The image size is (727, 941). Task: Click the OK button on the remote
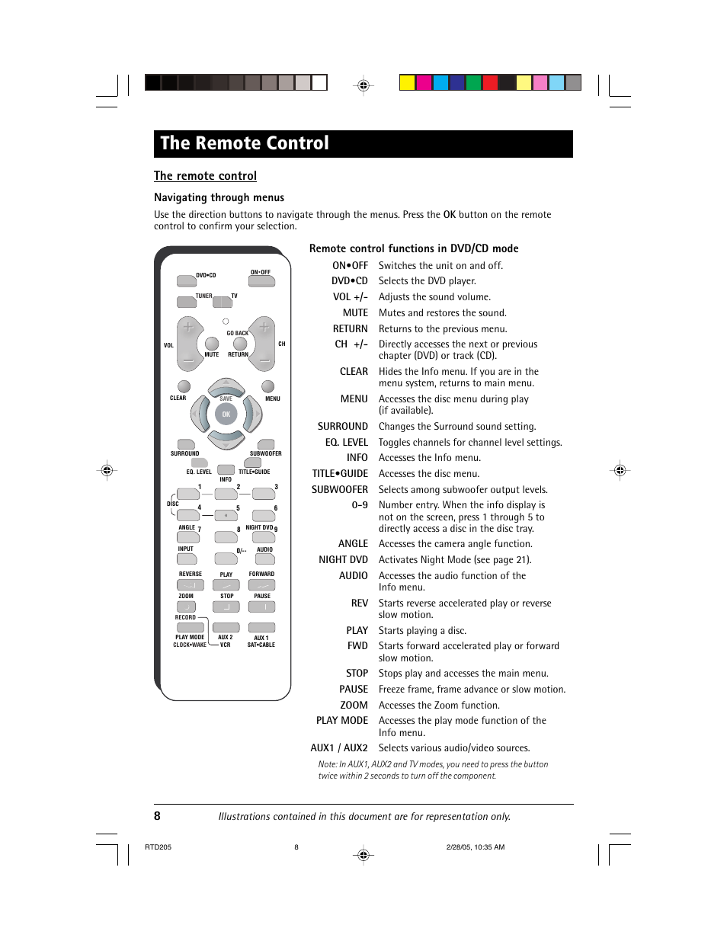tap(226, 414)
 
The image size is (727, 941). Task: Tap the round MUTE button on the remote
tap(212, 344)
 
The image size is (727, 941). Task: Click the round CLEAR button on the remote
tap(184, 386)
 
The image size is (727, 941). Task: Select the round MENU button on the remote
tap(268, 386)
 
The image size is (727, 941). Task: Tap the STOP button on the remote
tap(226, 607)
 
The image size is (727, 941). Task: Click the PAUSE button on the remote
tap(262, 607)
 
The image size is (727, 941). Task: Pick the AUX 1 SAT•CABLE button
tap(262, 628)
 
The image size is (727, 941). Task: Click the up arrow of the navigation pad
tap(226, 386)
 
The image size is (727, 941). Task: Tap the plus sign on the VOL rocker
tap(188, 328)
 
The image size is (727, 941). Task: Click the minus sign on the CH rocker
tap(264, 360)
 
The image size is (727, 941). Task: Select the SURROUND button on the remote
tap(186, 444)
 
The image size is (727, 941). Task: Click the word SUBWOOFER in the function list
tap(339, 490)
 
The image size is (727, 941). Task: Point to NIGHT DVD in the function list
tap(343, 560)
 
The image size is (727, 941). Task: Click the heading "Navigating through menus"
tap(219, 197)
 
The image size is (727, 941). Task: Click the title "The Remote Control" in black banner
tap(245, 143)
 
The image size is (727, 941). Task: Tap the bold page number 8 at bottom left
tap(157, 816)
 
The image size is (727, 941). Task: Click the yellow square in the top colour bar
tap(408, 83)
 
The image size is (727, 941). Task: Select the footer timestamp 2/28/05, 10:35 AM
tap(475, 847)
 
